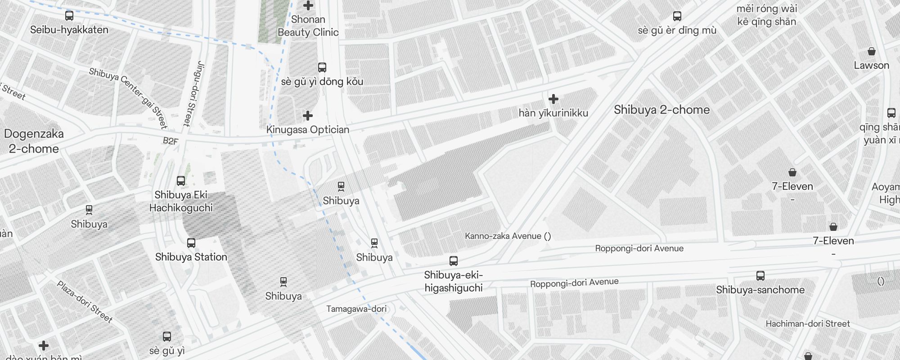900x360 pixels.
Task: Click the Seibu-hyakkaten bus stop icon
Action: pos(69,16)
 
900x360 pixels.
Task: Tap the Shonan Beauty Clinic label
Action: pos(308,26)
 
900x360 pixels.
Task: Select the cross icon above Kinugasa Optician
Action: pos(308,116)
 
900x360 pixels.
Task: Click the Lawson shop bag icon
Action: pos(871,51)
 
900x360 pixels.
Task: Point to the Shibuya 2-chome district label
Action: pos(661,110)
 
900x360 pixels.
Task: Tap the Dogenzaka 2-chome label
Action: pos(34,141)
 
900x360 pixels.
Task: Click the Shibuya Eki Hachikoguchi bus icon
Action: pos(181,181)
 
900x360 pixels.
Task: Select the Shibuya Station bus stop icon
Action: pos(191,243)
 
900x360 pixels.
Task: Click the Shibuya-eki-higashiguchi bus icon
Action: pos(454,261)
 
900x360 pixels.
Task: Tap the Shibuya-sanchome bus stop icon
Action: pos(760,275)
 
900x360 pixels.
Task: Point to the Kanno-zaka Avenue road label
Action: pos(507,236)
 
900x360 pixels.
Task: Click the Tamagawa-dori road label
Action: pos(356,309)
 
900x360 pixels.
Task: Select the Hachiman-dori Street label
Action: pos(807,324)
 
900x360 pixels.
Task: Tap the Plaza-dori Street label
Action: pos(85,301)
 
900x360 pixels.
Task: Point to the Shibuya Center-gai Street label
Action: pos(128,98)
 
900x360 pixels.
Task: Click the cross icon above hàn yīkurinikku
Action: pos(553,99)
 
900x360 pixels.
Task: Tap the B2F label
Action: pos(171,141)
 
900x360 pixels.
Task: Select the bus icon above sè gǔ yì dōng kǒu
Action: pos(322,67)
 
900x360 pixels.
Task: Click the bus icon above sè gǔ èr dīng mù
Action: pos(677,16)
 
